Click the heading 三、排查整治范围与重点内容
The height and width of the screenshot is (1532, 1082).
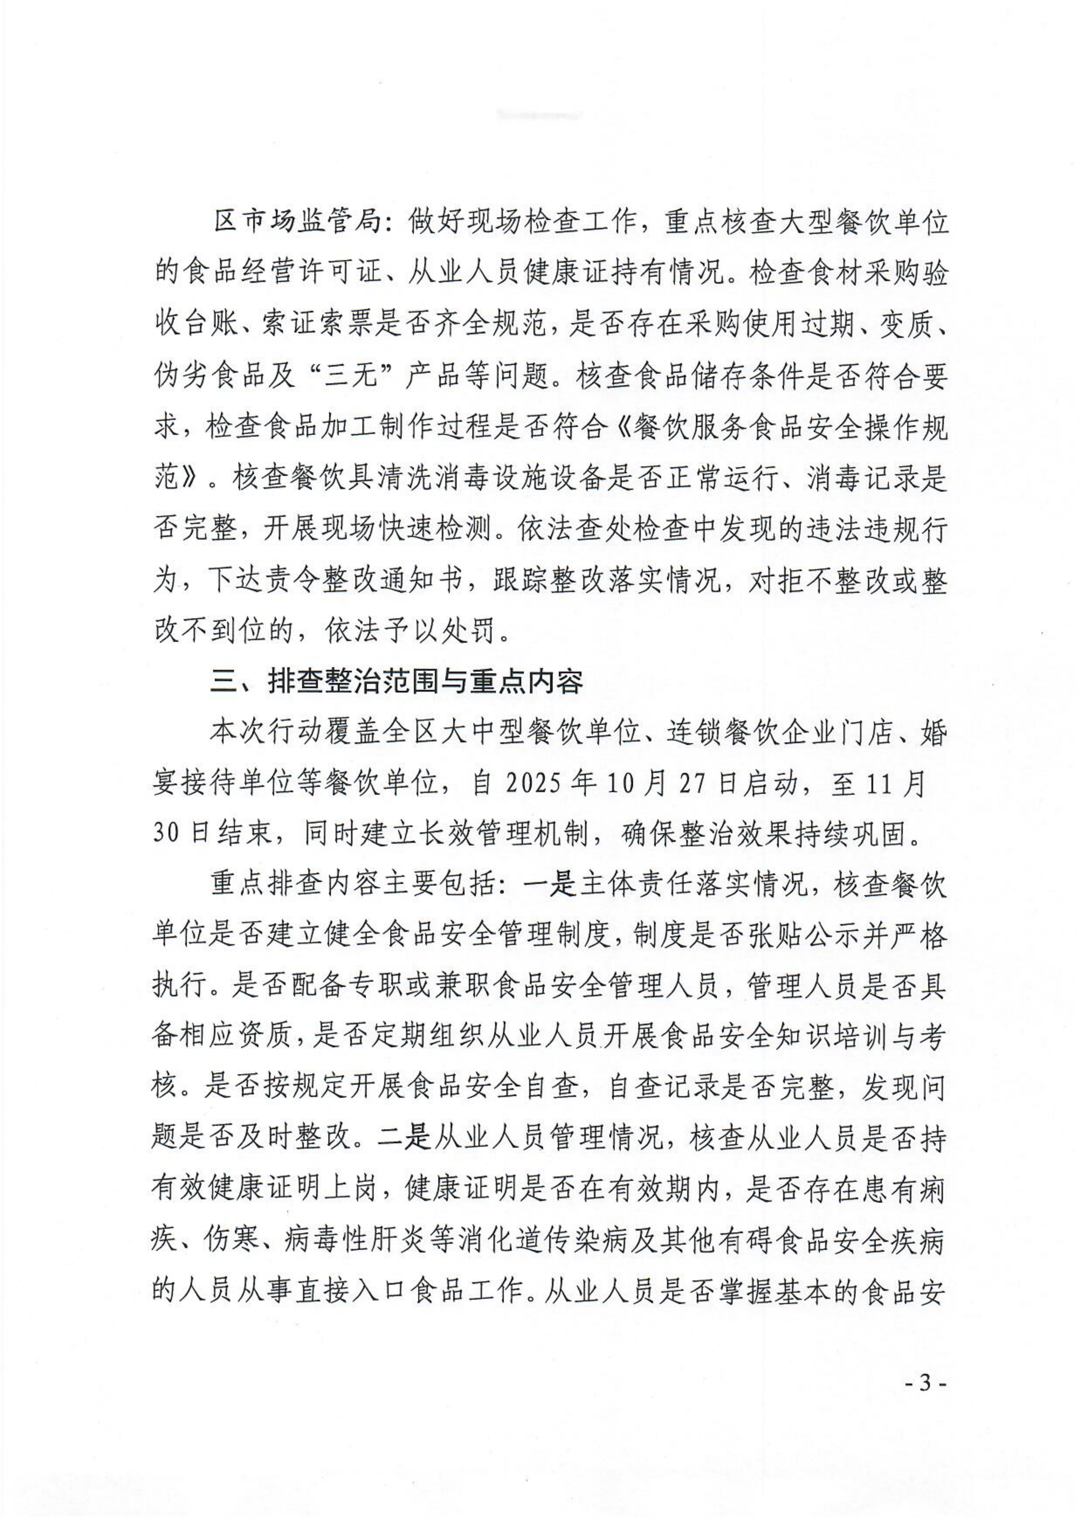click(396, 682)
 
